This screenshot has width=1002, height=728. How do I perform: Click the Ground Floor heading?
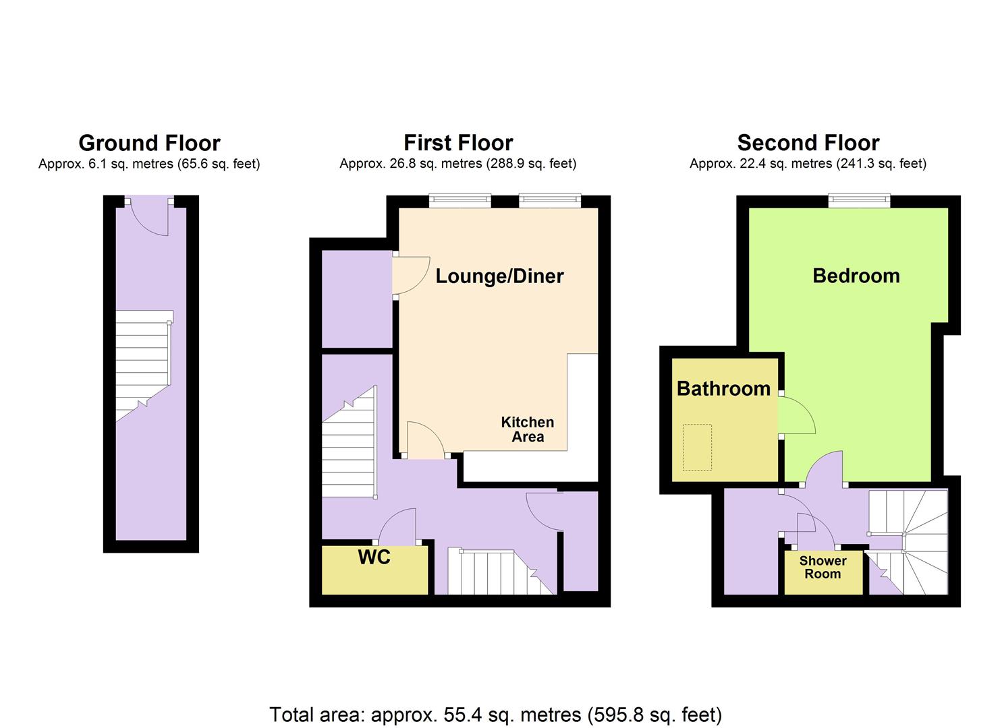coord(149,144)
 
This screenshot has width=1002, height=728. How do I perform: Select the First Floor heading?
coord(458,143)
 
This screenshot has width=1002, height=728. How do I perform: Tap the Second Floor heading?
coord(808,143)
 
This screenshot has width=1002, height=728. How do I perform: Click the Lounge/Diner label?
coord(500,276)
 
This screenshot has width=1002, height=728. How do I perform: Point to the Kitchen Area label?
coord(528,429)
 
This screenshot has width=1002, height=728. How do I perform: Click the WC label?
coord(374,557)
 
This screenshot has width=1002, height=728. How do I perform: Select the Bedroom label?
coord(856,276)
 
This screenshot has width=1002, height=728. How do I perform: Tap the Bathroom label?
coord(724,388)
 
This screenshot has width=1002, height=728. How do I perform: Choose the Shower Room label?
coord(823,567)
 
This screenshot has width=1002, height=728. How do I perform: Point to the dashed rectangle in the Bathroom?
coord(697,448)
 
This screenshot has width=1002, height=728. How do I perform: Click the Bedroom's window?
coord(859,201)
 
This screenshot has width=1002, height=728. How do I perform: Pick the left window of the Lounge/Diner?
coord(460,201)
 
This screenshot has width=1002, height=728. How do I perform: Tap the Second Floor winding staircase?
coord(908,542)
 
